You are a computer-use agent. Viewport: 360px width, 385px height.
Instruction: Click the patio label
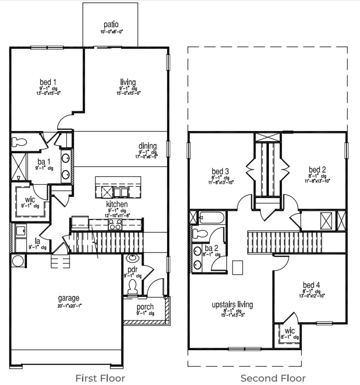click(111, 25)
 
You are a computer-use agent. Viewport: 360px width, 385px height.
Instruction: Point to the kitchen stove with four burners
click(115, 225)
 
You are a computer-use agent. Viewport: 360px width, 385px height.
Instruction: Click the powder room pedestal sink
click(132, 259)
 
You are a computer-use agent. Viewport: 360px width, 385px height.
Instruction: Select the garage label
click(69, 298)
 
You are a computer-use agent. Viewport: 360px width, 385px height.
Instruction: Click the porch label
click(145, 307)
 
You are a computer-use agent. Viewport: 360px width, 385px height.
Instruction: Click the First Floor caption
click(100, 378)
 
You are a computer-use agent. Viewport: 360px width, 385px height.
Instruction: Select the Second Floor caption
click(273, 378)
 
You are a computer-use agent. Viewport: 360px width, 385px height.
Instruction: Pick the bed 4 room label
click(311, 285)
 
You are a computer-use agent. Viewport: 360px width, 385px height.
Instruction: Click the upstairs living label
click(232, 304)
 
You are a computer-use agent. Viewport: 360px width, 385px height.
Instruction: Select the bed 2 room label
click(317, 169)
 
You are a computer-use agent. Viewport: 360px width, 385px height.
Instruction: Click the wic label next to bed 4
click(289, 331)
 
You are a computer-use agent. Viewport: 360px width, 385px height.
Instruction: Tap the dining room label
click(147, 146)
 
